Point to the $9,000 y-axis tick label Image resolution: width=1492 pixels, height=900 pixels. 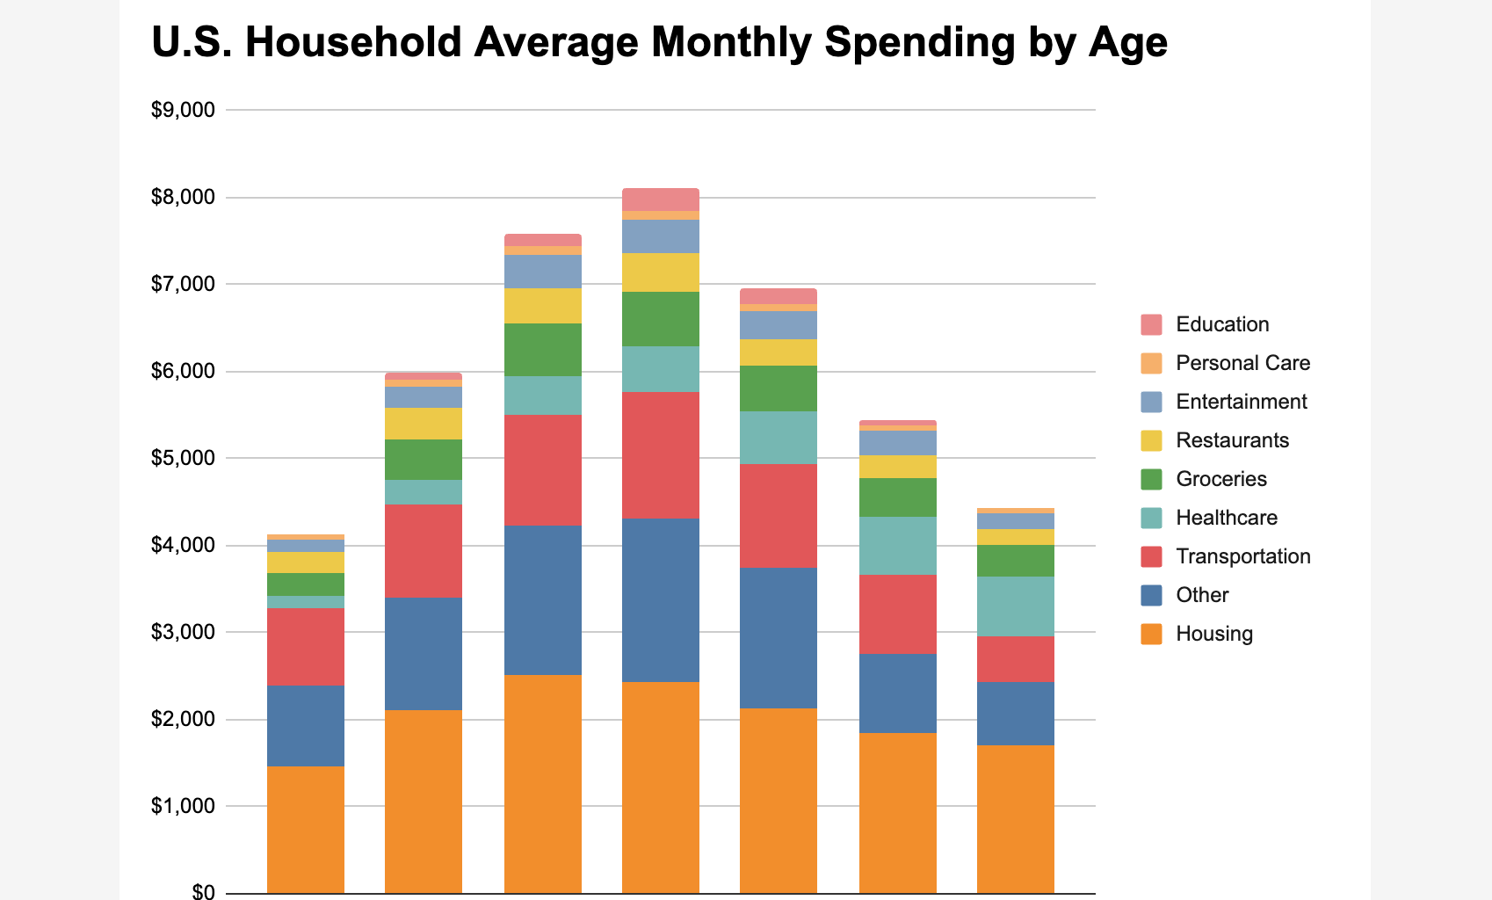click(183, 110)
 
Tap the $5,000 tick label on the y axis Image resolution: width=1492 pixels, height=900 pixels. click(183, 458)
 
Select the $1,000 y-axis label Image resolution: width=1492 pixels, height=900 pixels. click(183, 806)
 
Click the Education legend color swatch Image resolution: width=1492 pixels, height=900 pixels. click(1151, 324)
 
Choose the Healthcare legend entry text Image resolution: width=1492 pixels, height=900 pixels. click(1226, 518)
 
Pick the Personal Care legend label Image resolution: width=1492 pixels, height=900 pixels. click(1242, 363)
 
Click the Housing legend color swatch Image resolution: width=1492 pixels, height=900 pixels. click(1151, 634)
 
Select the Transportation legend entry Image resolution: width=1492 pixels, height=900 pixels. click(1242, 556)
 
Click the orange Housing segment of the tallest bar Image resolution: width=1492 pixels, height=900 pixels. click(660, 787)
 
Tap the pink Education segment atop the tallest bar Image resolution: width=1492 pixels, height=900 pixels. click(660, 200)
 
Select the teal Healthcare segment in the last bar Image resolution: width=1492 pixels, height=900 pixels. click(1015, 606)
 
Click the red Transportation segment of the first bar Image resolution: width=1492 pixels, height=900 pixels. click(305, 646)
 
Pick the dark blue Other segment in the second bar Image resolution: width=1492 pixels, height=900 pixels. click(423, 653)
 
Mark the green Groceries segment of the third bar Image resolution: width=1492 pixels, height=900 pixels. click(542, 350)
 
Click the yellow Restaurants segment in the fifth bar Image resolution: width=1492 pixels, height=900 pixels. click(778, 352)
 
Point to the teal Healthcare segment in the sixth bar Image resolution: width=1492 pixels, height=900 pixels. click(897, 545)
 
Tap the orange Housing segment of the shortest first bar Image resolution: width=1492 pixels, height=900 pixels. click(305, 829)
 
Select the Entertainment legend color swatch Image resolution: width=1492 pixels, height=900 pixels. click(1151, 402)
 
